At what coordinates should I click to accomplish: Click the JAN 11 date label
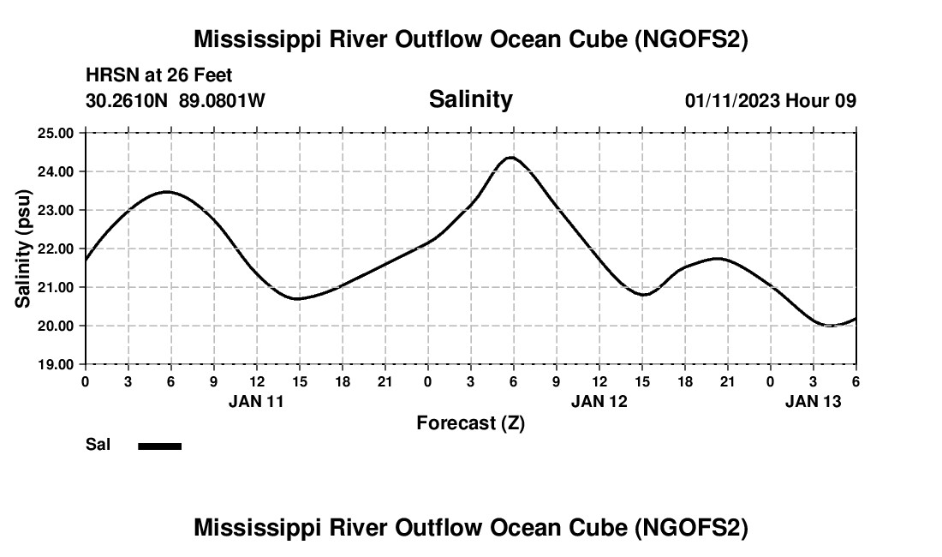[x=256, y=401]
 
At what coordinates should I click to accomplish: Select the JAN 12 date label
[x=599, y=401]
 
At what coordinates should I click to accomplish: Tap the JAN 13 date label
[x=814, y=401]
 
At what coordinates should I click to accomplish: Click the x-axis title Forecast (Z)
[x=470, y=423]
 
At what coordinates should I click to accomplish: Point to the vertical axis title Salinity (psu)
[x=24, y=249]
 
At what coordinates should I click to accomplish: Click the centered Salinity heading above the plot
[x=470, y=99]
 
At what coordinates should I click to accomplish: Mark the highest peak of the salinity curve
[x=511, y=158]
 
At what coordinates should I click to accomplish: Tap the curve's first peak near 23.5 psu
[x=167, y=192]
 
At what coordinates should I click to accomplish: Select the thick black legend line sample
[x=160, y=446]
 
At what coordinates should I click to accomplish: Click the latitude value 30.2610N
[x=128, y=101]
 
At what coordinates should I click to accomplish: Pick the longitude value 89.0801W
[x=222, y=101]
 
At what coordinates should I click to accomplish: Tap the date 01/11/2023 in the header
[x=731, y=101]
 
